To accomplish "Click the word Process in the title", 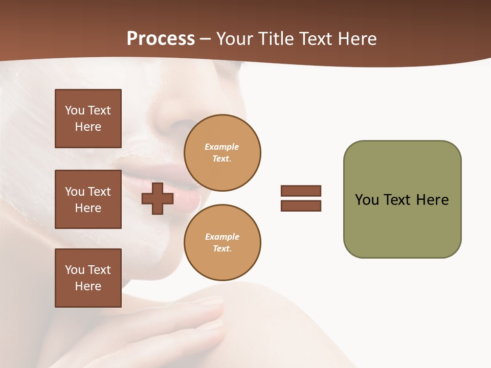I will coord(161,39).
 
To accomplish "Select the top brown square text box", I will coord(88,119).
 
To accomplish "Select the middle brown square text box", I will coord(88,199).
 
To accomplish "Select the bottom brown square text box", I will coord(88,278).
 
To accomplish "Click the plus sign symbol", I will coord(158,198).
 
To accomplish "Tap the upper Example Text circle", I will coord(222,152).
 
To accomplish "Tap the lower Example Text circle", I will coord(222,242).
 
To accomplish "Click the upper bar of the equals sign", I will coord(301,191).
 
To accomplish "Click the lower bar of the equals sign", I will coord(301,206).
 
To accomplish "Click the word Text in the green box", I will coord(398,200).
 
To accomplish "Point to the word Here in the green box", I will coord(432,200).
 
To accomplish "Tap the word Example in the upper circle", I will coord(222,147).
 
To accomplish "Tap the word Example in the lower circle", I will coord(222,237).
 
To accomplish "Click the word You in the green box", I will coord(366,200).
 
